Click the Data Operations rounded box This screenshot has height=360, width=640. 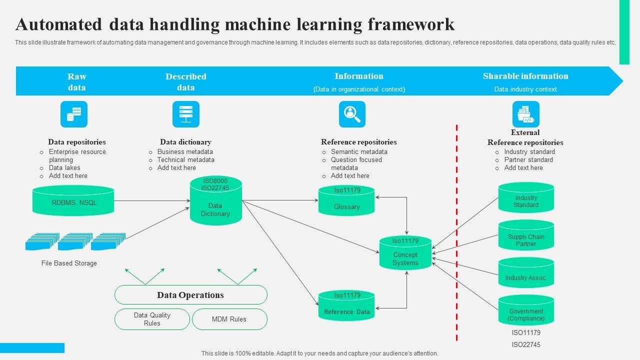tap(190, 295)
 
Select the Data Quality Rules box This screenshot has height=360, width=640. tap(152, 319)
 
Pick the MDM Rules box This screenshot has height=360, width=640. tap(229, 319)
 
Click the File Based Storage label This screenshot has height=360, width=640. tap(69, 263)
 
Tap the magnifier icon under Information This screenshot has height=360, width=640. tap(352, 114)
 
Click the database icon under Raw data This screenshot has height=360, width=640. tap(74, 114)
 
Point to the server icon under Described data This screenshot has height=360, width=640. tap(186, 114)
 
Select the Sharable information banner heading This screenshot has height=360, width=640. tap(525, 76)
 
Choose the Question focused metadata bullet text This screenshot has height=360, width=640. tap(356, 163)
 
